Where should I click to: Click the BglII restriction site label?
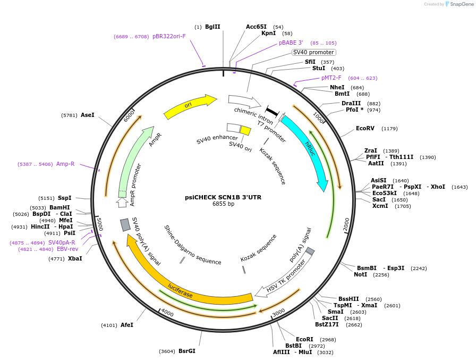pyautogui.click(x=212, y=27)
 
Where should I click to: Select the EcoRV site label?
pyautogui.click(x=365, y=128)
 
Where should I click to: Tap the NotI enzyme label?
pyautogui.click(x=360, y=275)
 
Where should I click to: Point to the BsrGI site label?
pyautogui.click(x=187, y=351)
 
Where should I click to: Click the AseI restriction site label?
pyautogui.click(x=88, y=115)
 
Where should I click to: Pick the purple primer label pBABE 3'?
pyautogui.click(x=291, y=43)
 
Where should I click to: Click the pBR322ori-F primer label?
pyautogui.click(x=169, y=36)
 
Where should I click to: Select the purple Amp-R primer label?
pyautogui.click(x=65, y=164)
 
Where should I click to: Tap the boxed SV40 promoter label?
pyautogui.click(x=314, y=52)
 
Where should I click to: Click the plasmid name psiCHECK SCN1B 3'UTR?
pyautogui.click(x=223, y=197)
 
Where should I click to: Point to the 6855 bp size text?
pyautogui.click(x=223, y=204)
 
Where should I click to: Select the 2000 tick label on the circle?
pyautogui.click(x=346, y=225)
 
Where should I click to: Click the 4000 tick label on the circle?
pyautogui.click(x=167, y=312)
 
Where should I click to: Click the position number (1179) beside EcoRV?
pyautogui.click(x=389, y=128)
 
